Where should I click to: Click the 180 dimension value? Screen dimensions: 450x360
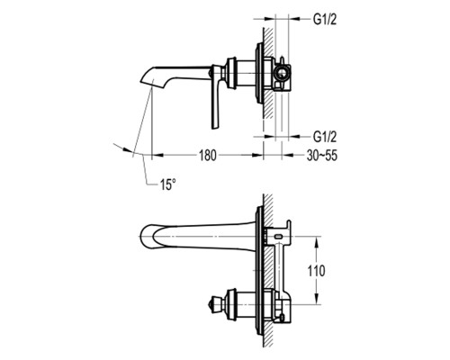coord(208,156)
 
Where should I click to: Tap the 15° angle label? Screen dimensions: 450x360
coord(167,184)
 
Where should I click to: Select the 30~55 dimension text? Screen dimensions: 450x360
coord(321,156)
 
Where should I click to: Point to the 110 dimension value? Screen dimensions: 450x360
coord(316,271)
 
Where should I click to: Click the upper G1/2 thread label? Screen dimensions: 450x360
coord(325,20)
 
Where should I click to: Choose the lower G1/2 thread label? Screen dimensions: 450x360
coord(325,137)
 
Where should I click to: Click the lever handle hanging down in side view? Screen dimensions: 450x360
coord(217,102)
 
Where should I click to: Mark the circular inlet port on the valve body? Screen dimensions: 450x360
coord(282,74)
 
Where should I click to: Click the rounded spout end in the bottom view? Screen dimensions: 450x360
coord(143,236)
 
